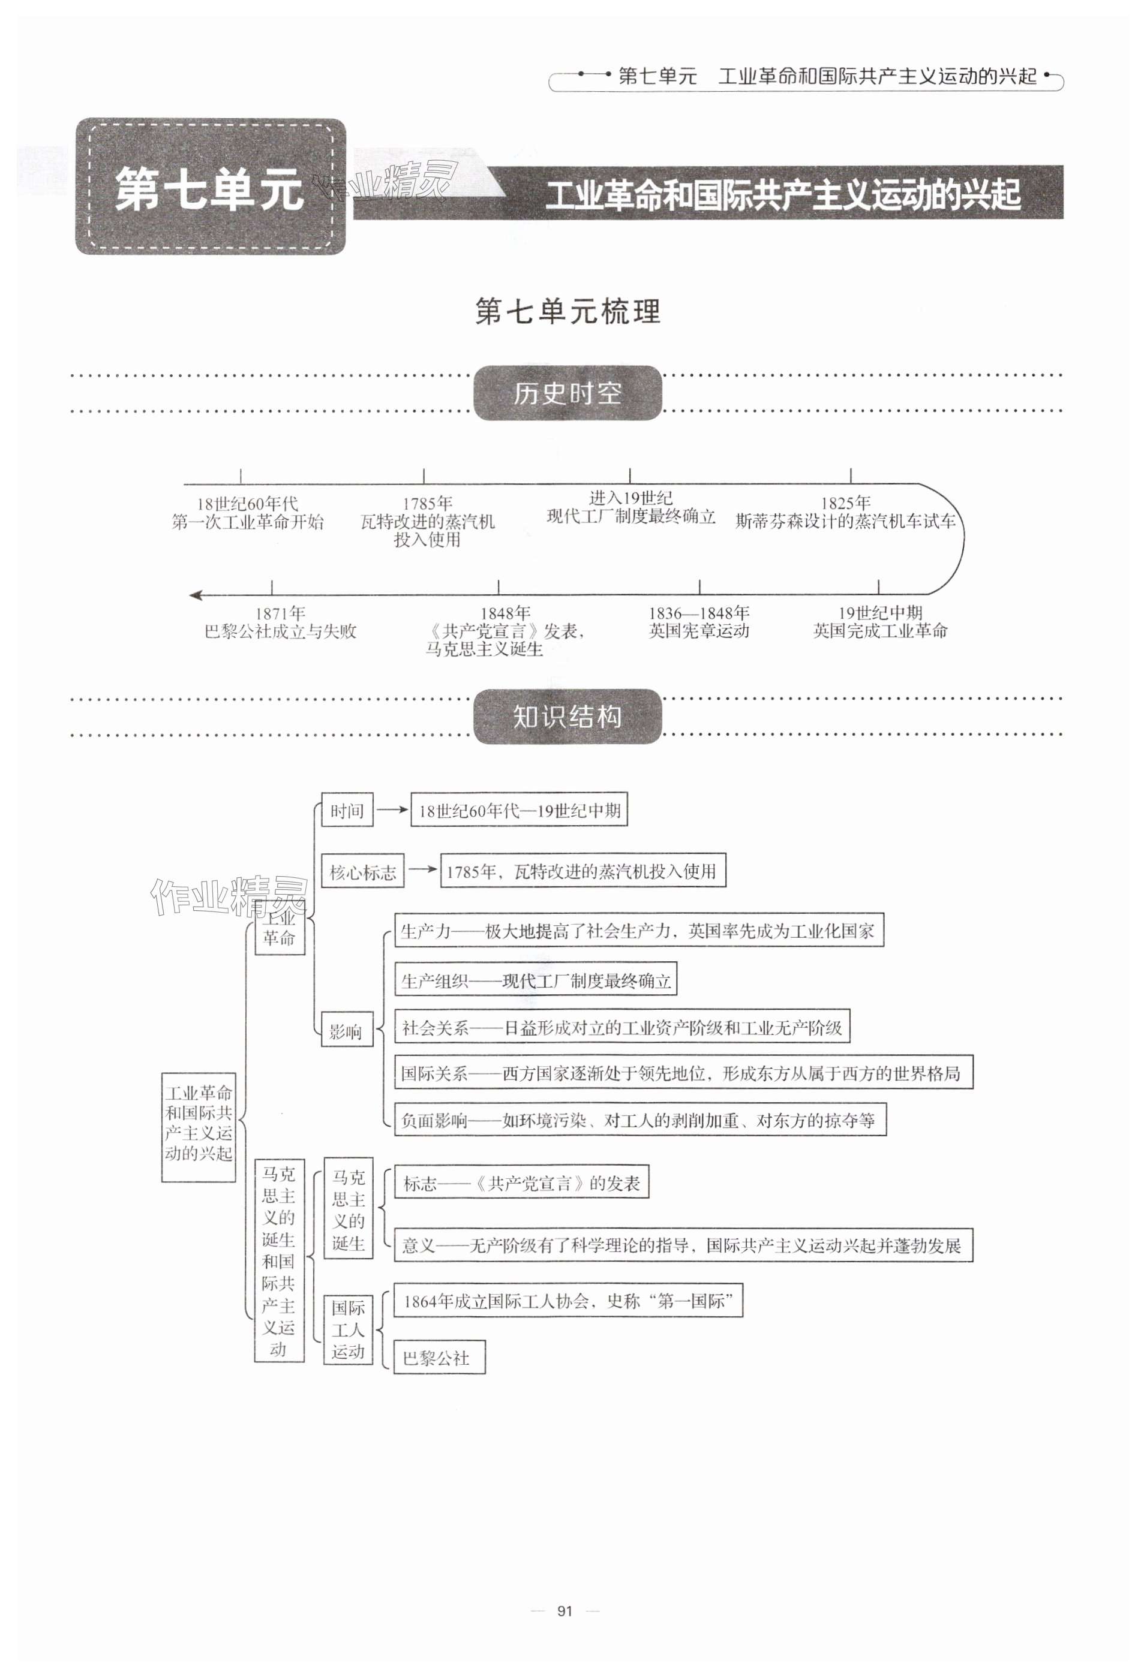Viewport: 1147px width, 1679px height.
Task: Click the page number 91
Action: (565, 1611)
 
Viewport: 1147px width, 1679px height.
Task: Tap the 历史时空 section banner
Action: (568, 393)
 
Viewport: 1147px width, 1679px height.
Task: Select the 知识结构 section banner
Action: (568, 717)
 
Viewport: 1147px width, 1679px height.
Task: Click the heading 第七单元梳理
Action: (568, 312)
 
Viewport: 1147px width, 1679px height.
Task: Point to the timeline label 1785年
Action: (427, 504)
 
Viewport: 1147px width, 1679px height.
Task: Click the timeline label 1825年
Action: (845, 503)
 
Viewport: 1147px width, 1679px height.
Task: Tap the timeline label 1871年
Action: (280, 613)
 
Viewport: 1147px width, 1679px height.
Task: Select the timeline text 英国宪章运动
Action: (699, 631)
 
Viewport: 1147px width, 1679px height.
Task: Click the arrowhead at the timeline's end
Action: (195, 595)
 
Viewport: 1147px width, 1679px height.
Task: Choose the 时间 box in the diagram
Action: (347, 811)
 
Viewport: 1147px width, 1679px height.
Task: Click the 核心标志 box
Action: (363, 872)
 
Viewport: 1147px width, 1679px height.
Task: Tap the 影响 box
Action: (346, 1031)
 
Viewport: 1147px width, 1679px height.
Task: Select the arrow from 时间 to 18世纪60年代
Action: (392, 810)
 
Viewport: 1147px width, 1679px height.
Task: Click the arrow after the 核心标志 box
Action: (423, 871)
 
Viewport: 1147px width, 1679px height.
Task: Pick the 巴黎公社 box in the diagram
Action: (438, 1358)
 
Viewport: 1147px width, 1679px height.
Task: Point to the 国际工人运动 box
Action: (348, 1329)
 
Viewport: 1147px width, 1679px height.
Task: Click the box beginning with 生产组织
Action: (536, 980)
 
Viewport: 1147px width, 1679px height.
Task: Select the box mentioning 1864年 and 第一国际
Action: (568, 1301)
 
